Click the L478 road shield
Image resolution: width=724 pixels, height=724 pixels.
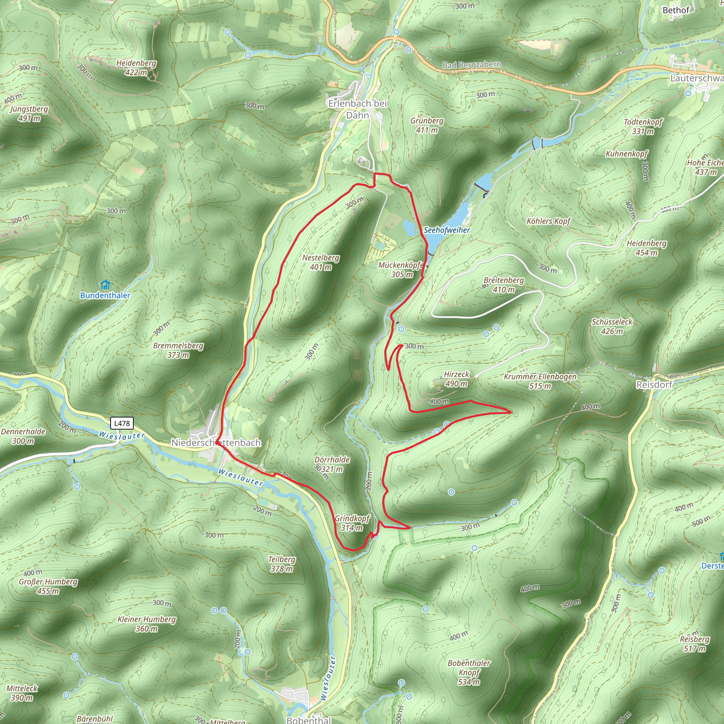pyautogui.click(x=122, y=424)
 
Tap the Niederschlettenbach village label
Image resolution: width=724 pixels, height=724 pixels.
pyautogui.click(x=216, y=443)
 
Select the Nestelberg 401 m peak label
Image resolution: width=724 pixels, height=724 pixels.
pyautogui.click(x=320, y=262)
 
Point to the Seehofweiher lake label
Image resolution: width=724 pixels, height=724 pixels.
pyautogui.click(x=447, y=230)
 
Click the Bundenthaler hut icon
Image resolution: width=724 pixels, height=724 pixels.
pyautogui.click(x=106, y=285)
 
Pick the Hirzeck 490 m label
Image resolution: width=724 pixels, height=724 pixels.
pyautogui.click(x=456, y=379)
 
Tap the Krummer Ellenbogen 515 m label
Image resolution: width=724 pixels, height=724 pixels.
pyautogui.click(x=540, y=381)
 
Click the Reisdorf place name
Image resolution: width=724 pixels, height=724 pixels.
pyautogui.click(x=654, y=385)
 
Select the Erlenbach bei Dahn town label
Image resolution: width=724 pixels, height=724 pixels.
pyautogui.click(x=357, y=109)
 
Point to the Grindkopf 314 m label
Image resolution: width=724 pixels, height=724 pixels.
pyautogui.click(x=352, y=523)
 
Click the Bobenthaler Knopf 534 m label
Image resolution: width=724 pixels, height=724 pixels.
pyautogui.click(x=469, y=672)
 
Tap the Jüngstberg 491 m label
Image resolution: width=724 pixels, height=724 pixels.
pyautogui.click(x=29, y=113)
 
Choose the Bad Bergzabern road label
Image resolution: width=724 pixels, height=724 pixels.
pyautogui.click(x=472, y=65)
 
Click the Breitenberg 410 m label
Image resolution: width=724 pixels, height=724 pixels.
pyautogui.click(x=504, y=285)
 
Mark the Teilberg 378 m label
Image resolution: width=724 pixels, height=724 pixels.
pyautogui.click(x=282, y=564)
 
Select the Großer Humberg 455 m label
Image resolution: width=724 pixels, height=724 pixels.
pyautogui.click(x=48, y=586)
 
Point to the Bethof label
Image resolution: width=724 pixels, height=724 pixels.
pyautogui.click(x=676, y=10)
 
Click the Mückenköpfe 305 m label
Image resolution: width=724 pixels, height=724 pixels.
pyautogui.click(x=401, y=270)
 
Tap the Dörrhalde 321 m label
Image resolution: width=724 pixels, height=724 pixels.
pyautogui.click(x=332, y=464)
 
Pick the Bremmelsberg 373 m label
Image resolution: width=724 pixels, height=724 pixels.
pyautogui.click(x=178, y=350)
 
